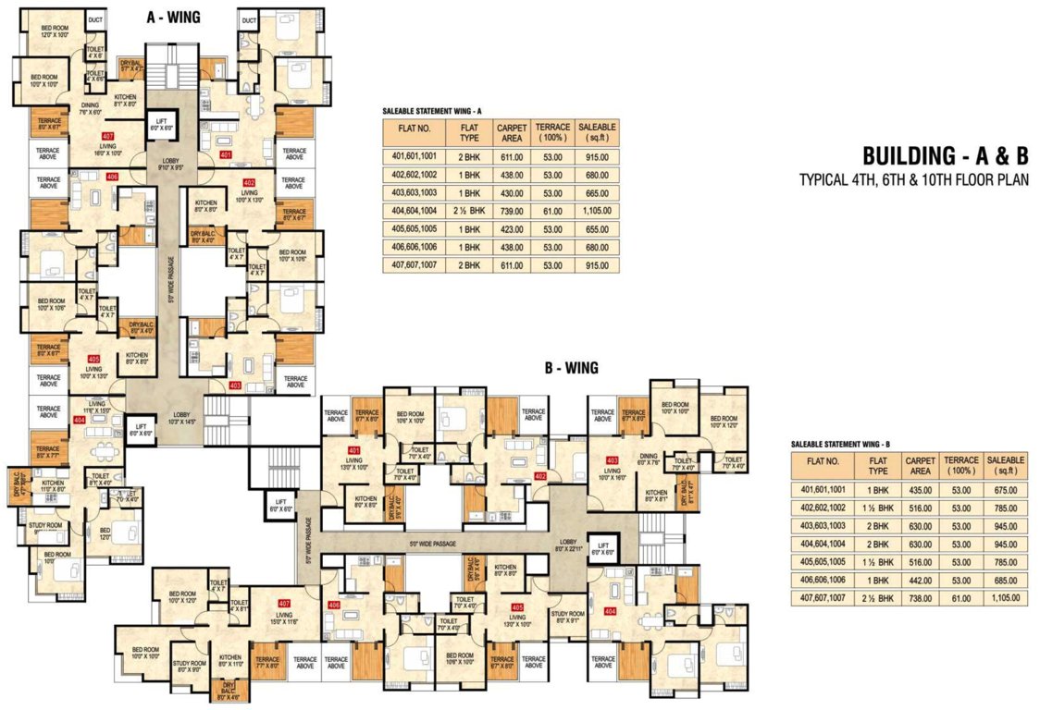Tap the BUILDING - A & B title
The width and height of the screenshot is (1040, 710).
pos(945,154)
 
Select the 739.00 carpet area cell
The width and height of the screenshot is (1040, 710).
pos(511,211)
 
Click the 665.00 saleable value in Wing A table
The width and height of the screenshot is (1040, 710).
pos(597,191)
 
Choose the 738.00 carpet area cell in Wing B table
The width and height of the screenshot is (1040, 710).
pos(921,598)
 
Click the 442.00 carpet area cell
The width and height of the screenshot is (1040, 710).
pos(921,580)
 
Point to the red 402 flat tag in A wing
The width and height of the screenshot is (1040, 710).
pos(248,182)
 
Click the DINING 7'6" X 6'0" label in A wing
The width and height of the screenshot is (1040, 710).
pos(89,109)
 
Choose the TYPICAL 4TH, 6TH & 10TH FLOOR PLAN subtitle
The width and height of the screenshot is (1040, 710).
pos(914,180)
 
